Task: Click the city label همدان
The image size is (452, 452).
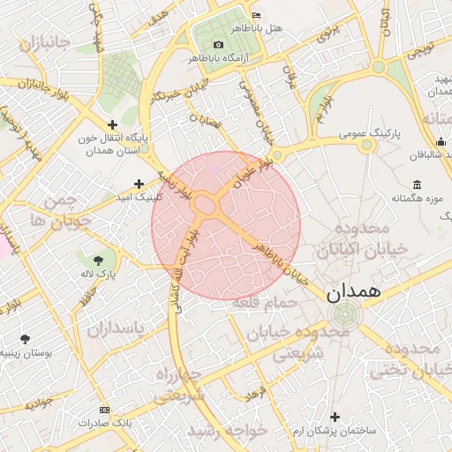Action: click(353, 290)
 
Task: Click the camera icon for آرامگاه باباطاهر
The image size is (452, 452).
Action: click(218, 44)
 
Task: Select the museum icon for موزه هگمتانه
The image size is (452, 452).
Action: click(416, 185)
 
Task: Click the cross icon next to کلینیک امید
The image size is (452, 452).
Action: click(139, 183)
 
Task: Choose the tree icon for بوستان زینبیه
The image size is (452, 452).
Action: click(24, 338)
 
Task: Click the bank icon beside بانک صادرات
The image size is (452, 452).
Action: click(105, 410)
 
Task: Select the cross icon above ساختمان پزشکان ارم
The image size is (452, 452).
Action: click(334, 416)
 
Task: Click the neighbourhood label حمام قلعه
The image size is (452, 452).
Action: click(266, 304)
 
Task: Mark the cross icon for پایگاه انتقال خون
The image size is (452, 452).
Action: click(111, 125)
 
